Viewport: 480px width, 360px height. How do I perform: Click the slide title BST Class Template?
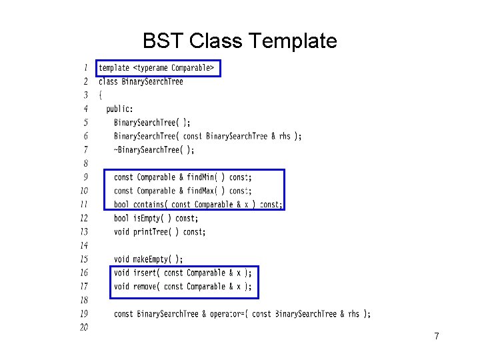coord(239,41)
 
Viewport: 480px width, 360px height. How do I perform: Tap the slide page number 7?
coord(436,336)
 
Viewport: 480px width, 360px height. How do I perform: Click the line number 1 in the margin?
coord(85,67)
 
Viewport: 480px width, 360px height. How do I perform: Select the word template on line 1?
coord(114,68)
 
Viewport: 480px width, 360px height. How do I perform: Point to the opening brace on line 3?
coord(101,95)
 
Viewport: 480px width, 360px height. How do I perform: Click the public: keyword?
coord(120,109)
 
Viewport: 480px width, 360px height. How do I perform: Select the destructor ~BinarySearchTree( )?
coord(154,150)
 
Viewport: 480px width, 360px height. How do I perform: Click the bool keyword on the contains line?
coord(121,205)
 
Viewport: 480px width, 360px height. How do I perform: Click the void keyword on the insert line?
coord(121,273)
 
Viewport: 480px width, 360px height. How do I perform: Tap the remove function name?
coord(146,287)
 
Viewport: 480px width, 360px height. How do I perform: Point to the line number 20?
coord(84,327)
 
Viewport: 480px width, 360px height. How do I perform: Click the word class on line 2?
coord(108,82)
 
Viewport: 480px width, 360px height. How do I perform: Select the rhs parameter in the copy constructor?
coord(285,137)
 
